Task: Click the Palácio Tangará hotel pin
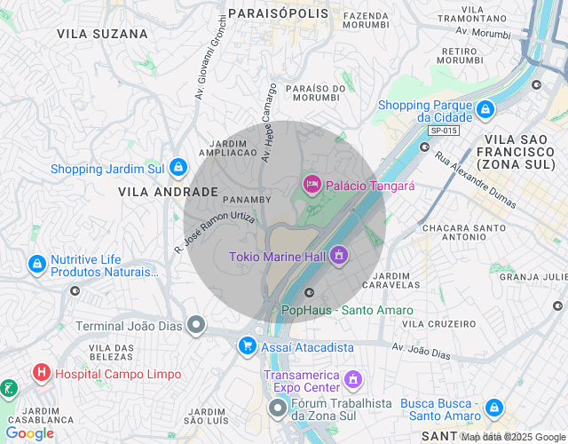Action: [312, 185]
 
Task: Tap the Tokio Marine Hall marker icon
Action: [338, 256]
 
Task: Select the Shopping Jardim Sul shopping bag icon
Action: [178, 167]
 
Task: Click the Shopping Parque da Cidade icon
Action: [485, 110]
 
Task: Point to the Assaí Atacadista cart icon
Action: [247, 345]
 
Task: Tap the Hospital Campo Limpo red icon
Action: [41, 373]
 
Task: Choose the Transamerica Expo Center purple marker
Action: [352, 380]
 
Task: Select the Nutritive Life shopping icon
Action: [37, 264]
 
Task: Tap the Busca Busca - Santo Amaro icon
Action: [494, 408]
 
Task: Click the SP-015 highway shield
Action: [443, 131]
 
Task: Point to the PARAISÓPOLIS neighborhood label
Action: [279, 13]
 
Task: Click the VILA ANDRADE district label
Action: [168, 191]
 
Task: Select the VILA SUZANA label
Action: [102, 34]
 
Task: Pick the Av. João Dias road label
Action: [421, 351]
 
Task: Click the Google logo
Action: [29, 433]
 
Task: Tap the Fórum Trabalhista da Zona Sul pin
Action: [278, 409]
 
